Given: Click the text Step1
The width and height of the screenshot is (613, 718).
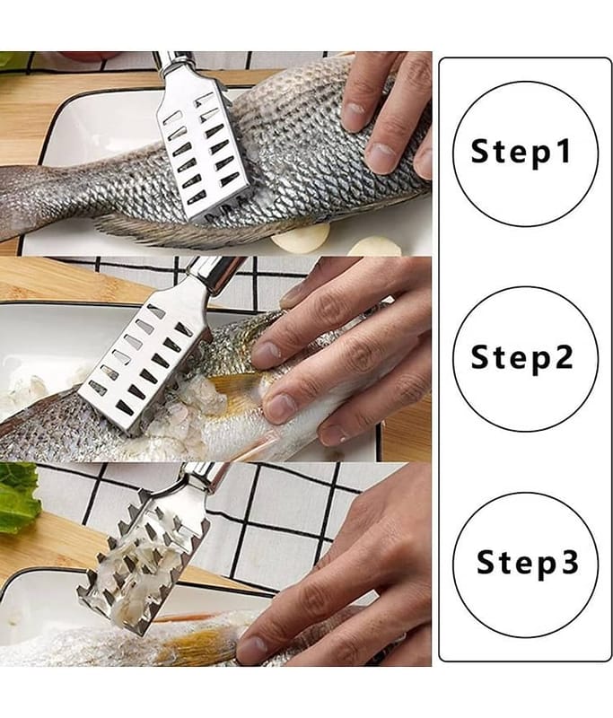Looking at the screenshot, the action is click(521, 152).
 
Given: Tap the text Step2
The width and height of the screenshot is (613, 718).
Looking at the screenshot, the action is click(521, 357).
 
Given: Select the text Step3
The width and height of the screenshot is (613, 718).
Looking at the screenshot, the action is click(528, 563).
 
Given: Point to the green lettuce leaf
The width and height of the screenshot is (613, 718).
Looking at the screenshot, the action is click(19, 498).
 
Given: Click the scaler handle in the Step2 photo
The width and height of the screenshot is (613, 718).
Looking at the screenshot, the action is click(216, 274).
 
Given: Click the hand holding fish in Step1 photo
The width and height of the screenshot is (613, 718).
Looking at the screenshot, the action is click(387, 115).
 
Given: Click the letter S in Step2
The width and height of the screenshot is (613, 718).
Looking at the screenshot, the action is click(481, 355).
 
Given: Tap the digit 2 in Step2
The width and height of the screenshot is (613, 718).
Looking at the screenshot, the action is click(564, 355).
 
